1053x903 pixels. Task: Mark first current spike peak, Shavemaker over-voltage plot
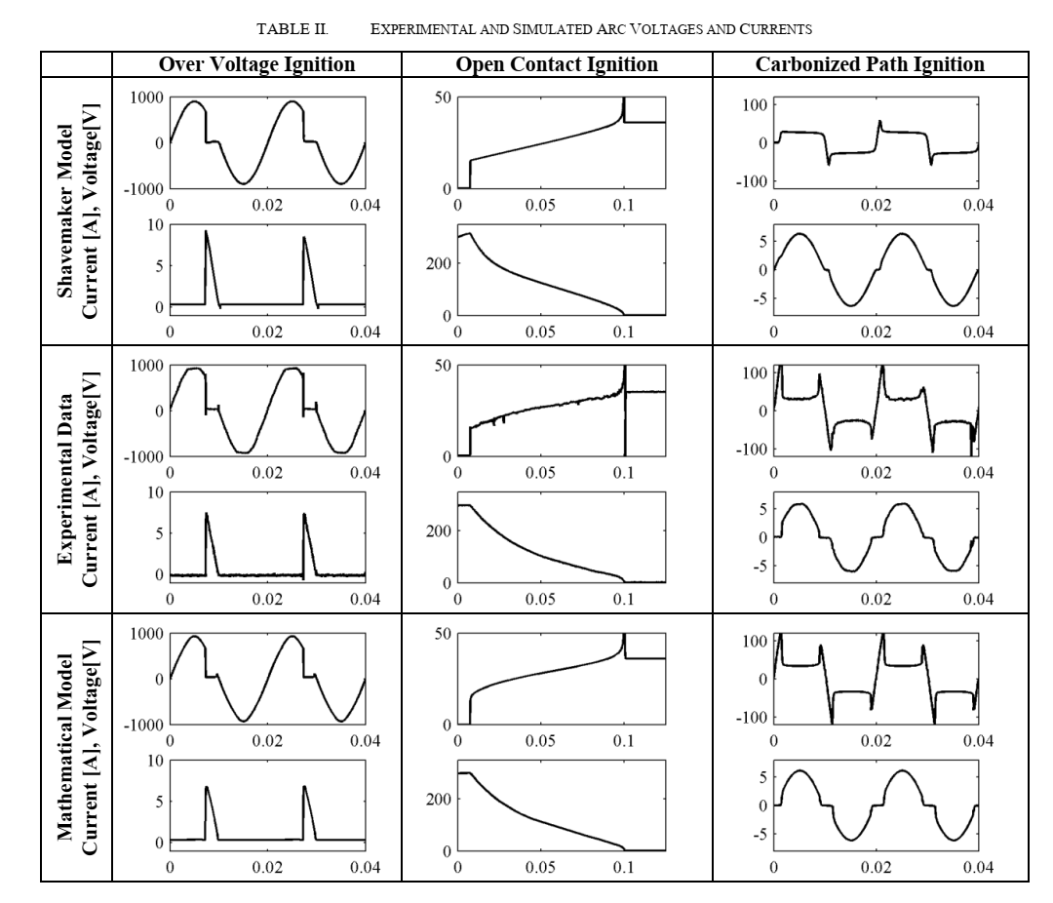[x=206, y=231]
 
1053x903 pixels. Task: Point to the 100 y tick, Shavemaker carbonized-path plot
[x=753, y=104]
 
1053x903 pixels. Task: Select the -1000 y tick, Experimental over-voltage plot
[x=142, y=455]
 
